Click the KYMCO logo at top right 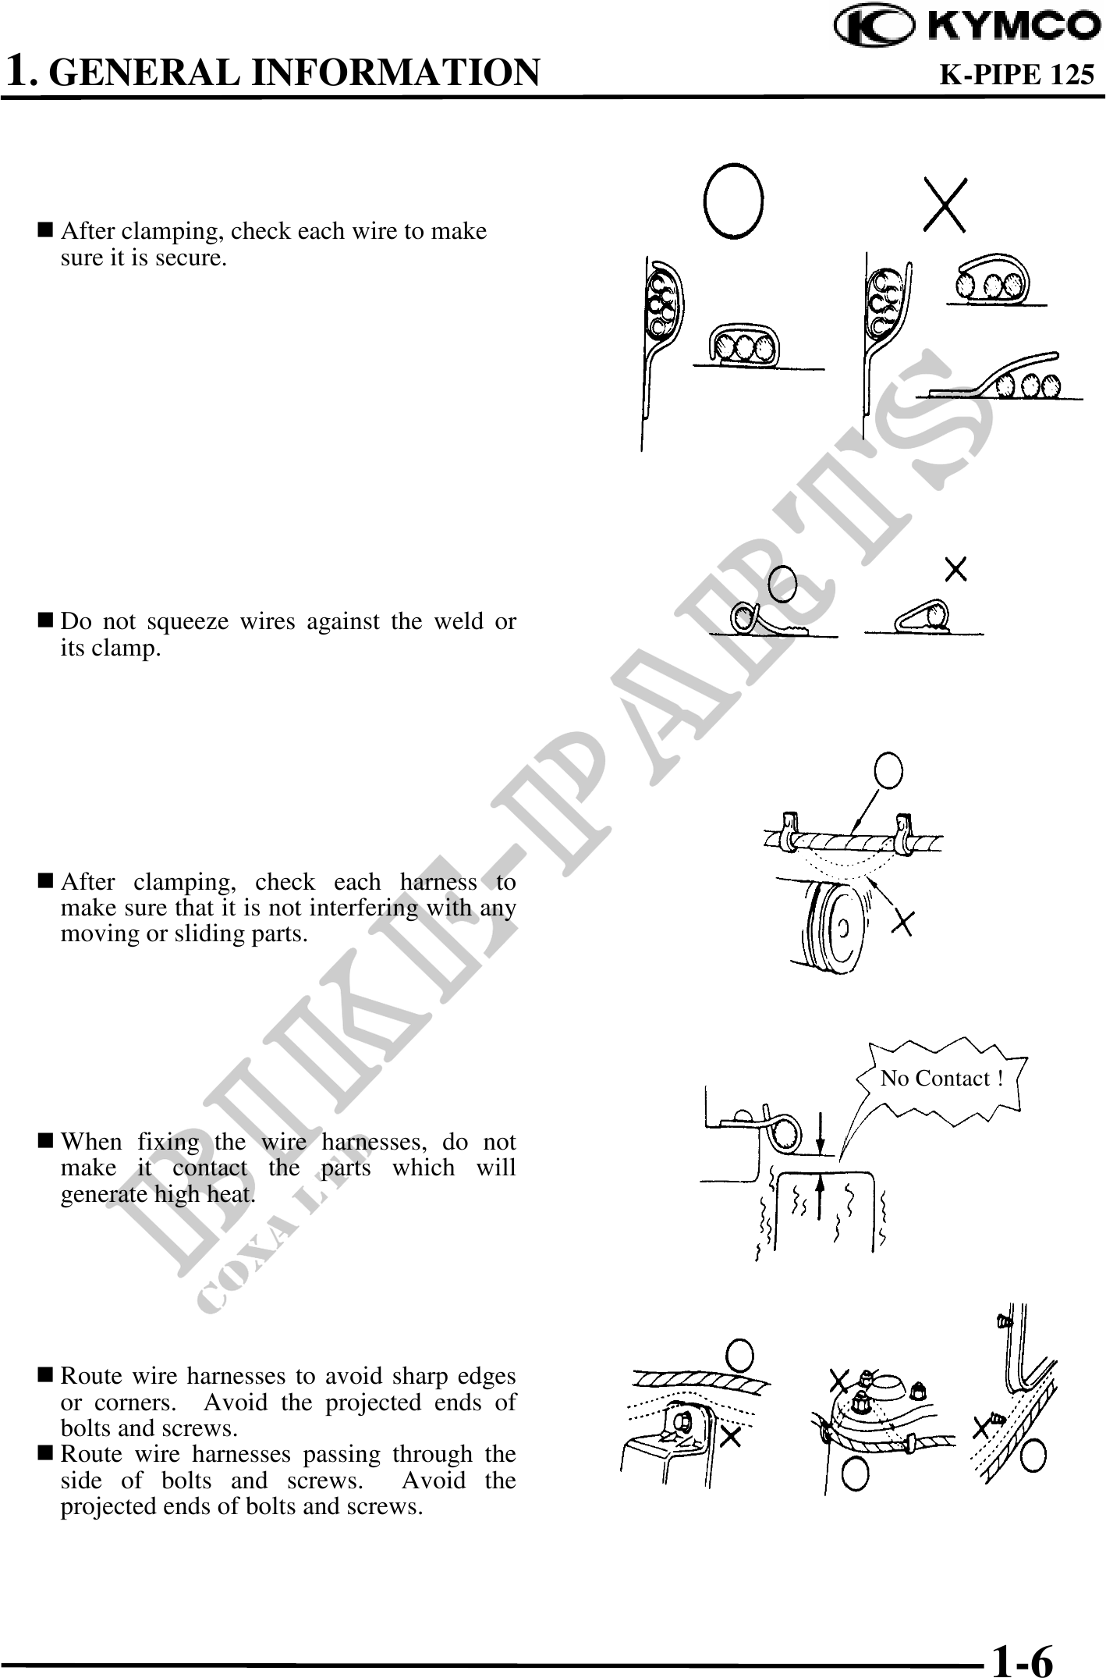coord(968,27)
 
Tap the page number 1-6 coord(1022,1653)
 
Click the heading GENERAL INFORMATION coord(299,73)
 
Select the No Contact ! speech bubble coord(941,1078)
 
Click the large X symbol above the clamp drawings coord(945,204)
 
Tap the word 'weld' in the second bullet coord(409,621)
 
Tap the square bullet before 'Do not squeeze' coord(46,621)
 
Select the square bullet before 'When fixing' coord(46,1141)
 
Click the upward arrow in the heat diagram coord(820,1198)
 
